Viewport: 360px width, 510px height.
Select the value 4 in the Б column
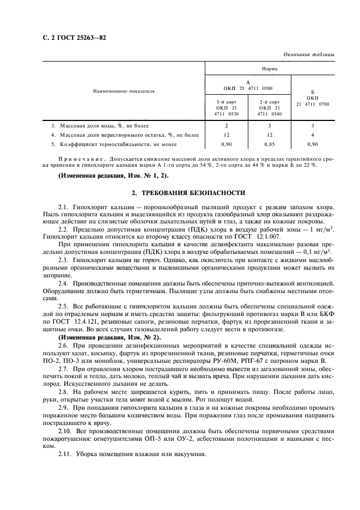click(312, 134)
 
